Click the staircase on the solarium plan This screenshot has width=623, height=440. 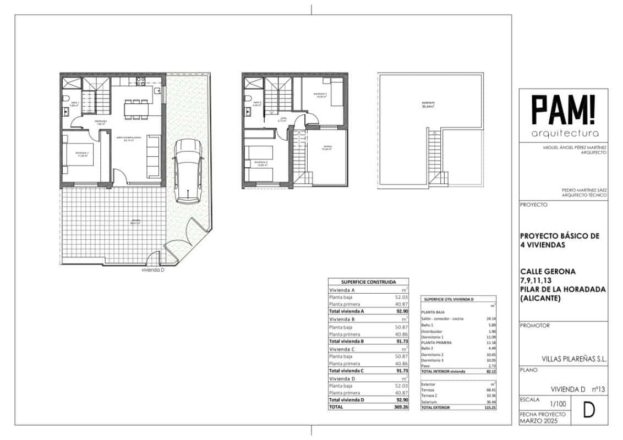434,157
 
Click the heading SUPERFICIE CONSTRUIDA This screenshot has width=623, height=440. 368,281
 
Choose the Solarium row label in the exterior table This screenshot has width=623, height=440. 430,402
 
